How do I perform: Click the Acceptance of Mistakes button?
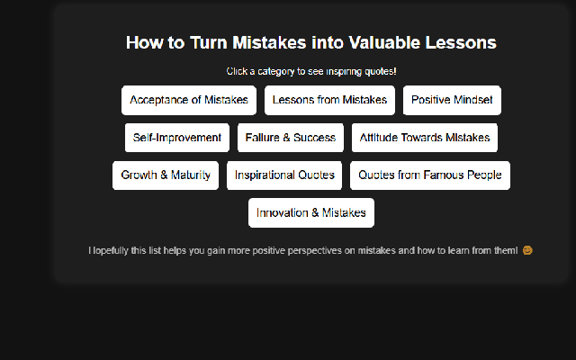189,100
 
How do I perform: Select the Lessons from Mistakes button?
329,100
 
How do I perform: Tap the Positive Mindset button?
452,100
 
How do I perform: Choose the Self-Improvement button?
177,138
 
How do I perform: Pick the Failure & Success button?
291,138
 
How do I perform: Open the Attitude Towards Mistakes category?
425,138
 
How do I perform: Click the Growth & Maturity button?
166,175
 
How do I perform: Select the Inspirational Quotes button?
284,175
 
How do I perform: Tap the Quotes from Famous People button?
430,175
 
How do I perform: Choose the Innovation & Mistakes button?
311,213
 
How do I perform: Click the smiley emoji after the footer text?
527,250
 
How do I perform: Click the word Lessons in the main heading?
461,42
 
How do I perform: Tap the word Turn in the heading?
209,42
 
